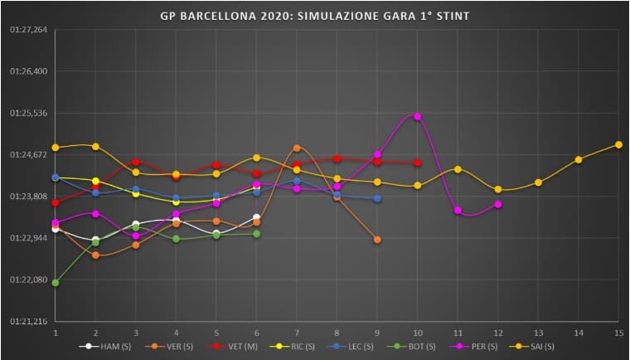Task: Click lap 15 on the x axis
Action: coord(618,332)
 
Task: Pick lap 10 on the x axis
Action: coord(417,332)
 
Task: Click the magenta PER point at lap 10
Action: coord(417,116)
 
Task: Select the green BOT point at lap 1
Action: coord(56,283)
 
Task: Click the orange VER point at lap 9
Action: coord(377,240)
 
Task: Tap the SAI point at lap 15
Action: coord(618,144)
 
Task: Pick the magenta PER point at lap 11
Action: coord(458,210)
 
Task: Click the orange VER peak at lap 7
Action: coord(297,148)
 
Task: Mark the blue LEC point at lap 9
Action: coord(377,198)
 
